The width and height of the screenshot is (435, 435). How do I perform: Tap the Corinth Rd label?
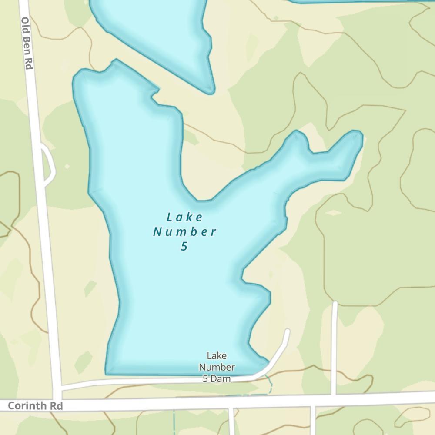(x=36, y=406)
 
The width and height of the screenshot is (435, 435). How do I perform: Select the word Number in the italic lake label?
(x=184, y=231)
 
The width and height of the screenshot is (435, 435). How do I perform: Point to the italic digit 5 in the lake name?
(x=184, y=246)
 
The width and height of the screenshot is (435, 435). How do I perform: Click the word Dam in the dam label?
(x=221, y=378)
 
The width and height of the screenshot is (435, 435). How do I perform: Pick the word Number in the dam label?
(x=217, y=368)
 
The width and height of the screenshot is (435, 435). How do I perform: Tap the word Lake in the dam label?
(x=217, y=356)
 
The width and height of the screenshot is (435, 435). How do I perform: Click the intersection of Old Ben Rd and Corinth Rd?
(x=57, y=399)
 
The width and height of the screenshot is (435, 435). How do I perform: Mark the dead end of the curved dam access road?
(x=287, y=332)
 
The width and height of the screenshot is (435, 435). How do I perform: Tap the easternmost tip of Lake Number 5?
(x=361, y=136)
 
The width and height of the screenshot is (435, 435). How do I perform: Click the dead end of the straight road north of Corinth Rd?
(x=335, y=303)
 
